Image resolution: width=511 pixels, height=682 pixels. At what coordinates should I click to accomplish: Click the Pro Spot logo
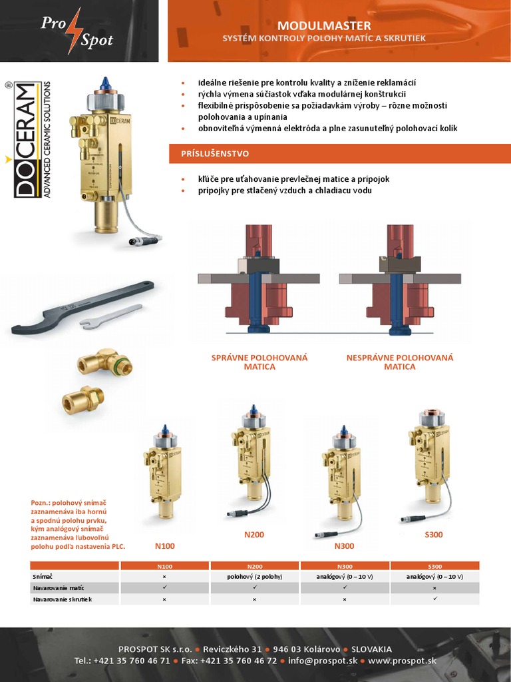[78, 31]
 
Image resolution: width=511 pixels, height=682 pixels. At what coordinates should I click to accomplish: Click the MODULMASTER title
[324, 25]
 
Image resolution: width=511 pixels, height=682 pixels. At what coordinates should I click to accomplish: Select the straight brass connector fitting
[83, 399]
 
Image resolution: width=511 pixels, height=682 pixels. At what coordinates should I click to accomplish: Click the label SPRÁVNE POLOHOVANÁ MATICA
[259, 362]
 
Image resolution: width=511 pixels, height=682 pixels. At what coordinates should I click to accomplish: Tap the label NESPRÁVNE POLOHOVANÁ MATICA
[400, 362]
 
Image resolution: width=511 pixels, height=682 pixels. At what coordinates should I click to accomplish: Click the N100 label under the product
[164, 546]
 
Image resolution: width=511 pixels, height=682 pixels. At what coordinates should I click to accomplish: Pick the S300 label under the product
[432, 534]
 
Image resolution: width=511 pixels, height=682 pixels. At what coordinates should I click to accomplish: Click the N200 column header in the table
[254, 566]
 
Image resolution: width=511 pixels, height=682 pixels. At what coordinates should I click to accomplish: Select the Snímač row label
[43, 576]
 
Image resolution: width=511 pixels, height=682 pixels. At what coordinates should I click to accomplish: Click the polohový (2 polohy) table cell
[254, 576]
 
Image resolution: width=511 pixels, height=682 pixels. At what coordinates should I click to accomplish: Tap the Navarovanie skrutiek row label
[62, 599]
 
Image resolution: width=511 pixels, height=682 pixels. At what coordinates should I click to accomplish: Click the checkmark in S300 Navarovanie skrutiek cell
[434, 599]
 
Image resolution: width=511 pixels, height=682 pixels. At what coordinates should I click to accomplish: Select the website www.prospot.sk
[403, 661]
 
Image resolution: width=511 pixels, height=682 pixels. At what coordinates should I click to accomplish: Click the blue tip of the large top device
[104, 83]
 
